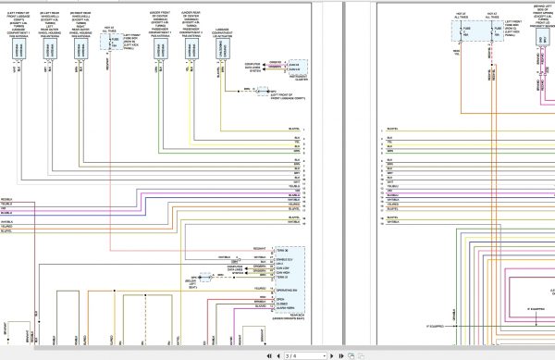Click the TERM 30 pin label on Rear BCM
pos(284,250)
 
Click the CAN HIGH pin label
pos(285,273)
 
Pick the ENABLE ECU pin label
pos(286,259)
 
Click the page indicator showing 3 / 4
pos(290,354)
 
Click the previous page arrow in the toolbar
pos(277,354)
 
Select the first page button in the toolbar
pos(267,354)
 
